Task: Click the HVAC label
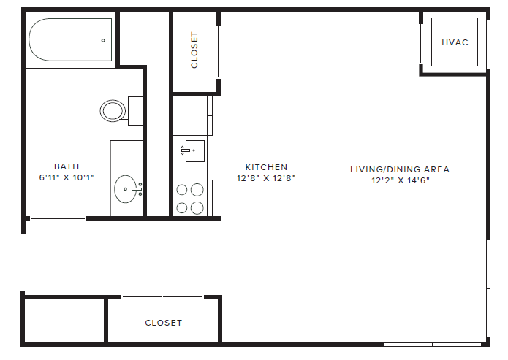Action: [x=454, y=42]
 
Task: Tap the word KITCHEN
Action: [x=266, y=167]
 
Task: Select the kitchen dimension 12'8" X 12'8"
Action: [x=266, y=178]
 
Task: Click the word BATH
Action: [x=67, y=166]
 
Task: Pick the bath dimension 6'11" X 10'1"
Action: [x=67, y=177]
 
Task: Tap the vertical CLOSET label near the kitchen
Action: [x=194, y=50]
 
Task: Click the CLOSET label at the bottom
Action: [x=163, y=323]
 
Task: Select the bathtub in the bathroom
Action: [x=69, y=41]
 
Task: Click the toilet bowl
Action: [x=113, y=111]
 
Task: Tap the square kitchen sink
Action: [x=193, y=151]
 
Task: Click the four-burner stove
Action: [x=191, y=198]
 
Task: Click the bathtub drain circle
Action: [x=103, y=41]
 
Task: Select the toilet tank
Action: [x=135, y=110]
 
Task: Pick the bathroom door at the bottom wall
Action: [x=57, y=218]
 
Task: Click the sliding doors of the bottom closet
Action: [x=162, y=297]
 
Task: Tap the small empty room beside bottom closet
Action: [x=65, y=321]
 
